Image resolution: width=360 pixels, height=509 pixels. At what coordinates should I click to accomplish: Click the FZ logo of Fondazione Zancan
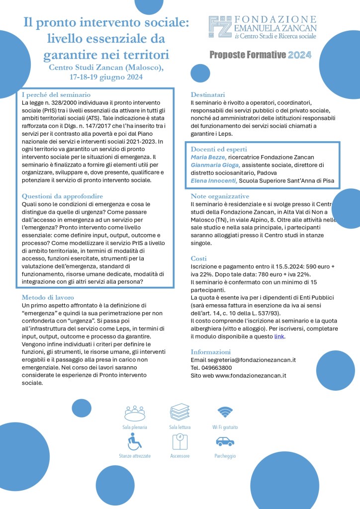point(220,28)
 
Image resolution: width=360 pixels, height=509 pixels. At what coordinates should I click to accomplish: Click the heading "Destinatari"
point(208,94)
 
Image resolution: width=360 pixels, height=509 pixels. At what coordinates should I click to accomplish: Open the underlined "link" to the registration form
point(279,337)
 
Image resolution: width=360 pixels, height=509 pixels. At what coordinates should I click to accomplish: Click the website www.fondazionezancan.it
point(251,375)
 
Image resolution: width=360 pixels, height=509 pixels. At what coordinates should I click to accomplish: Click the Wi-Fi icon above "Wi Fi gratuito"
point(225,412)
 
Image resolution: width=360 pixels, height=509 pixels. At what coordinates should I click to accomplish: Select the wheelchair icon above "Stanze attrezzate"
point(134,441)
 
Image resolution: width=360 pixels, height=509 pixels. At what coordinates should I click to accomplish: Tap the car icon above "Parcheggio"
point(225,441)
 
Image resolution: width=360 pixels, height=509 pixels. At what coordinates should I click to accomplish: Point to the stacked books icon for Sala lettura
point(180,412)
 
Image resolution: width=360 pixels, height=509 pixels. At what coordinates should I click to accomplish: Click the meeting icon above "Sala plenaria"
point(134,412)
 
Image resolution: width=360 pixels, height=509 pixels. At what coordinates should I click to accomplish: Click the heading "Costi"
point(199,258)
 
